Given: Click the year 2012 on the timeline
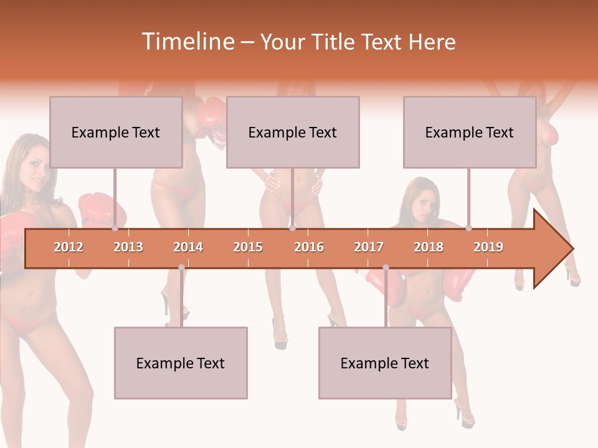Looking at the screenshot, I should pyautogui.click(x=69, y=247).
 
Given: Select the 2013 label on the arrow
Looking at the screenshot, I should pyautogui.click(x=128, y=247).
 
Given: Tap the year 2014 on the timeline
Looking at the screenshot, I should pyautogui.click(x=188, y=247).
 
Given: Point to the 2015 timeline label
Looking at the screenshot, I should pyautogui.click(x=248, y=247).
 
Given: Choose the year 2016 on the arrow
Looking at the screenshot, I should pyautogui.click(x=309, y=247).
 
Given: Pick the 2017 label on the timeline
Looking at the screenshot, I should pyautogui.click(x=369, y=247).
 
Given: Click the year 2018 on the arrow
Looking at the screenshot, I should pyautogui.click(x=429, y=247).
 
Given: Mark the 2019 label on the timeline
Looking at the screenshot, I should pyautogui.click(x=488, y=247).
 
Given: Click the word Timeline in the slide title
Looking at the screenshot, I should pyautogui.click(x=187, y=42).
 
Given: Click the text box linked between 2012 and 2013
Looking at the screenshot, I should pyautogui.click(x=116, y=132).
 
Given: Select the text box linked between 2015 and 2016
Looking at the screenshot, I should pyautogui.click(x=293, y=132).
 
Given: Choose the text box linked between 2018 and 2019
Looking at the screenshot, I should pyautogui.click(x=470, y=132).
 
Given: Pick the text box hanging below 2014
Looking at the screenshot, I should pyautogui.click(x=181, y=363).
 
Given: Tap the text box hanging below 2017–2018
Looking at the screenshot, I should pyautogui.click(x=385, y=363).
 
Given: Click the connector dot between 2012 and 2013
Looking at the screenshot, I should pyautogui.click(x=115, y=228).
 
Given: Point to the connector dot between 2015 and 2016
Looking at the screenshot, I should pyautogui.click(x=292, y=228).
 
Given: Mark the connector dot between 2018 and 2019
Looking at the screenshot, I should pyautogui.click(x=468, y=228).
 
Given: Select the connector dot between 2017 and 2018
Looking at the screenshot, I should pyautogui.click(x=386, y=268).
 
